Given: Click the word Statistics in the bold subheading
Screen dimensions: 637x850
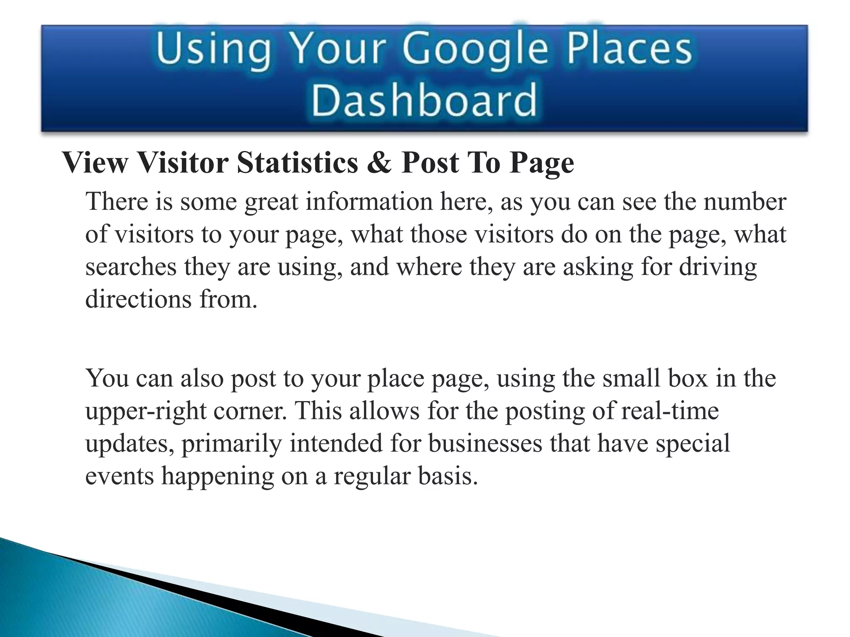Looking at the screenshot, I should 297,163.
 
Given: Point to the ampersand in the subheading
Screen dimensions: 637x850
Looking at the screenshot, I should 379,163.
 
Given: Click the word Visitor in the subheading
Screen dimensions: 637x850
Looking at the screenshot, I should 183,163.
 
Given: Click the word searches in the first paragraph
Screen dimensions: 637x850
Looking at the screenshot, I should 131,267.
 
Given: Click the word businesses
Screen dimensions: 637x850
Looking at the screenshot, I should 485,444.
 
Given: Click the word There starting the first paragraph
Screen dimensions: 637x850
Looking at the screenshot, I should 117,202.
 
